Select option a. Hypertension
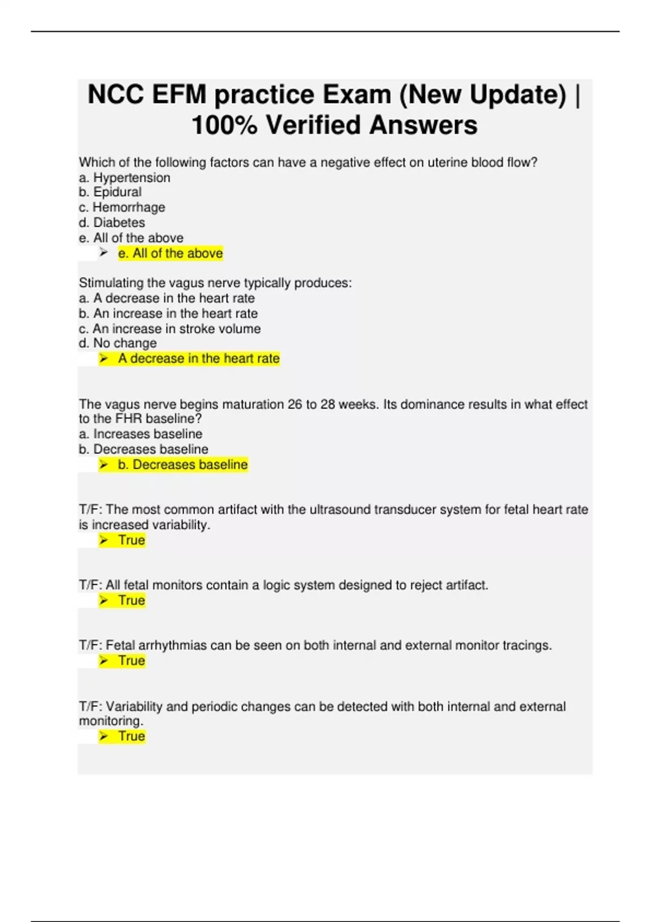124,177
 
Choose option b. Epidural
110,192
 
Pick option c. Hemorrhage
122,207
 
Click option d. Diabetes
112,222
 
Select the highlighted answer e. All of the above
170,253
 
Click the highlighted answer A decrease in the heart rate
199,358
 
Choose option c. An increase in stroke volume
169,329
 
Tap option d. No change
118,343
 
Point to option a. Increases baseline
141,434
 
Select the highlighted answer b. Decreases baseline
182,465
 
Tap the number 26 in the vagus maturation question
295,405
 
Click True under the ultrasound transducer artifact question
131,540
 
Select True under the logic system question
131,600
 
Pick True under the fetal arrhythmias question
131,661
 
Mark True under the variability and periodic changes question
131,736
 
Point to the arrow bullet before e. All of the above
104,253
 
